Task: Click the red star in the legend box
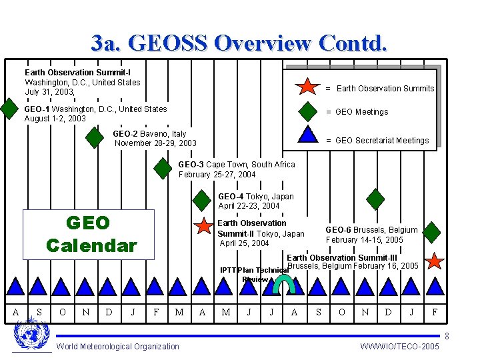coord(307,87)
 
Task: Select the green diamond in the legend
coord(307,111)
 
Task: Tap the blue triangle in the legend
coord(307,134)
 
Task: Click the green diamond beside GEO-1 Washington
coord(9,108)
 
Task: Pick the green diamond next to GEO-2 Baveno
coord(95,139)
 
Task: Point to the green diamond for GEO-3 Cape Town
coord(162,168)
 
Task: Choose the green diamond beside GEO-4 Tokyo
coord(201,199)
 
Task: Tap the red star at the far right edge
coord(434,261)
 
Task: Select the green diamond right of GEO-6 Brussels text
coord(432,231)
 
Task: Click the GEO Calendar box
coord(89,233)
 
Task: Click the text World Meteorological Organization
coord(118,346)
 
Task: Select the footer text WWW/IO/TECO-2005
coord(399,347)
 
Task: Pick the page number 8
coord(446,337)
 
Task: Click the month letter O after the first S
coord(63,312)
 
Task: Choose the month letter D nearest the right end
coord(388,312)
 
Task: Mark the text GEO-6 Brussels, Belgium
coord(371,230)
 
